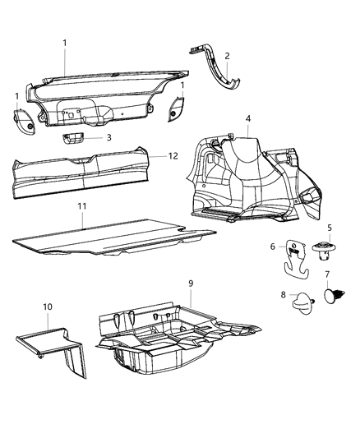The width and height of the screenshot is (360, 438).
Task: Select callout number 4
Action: pyautogui.click(x=247, y=119)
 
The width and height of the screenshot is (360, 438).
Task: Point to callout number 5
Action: pyautogui.click(x=329, y=228)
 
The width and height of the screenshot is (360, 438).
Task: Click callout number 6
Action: pyautogui.click(x=273, y=246)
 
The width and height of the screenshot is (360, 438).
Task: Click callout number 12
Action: pyautogui.click(x=173, y=154)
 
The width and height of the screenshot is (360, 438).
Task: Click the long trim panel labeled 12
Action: pyautogui.click(x=82, y=177)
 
